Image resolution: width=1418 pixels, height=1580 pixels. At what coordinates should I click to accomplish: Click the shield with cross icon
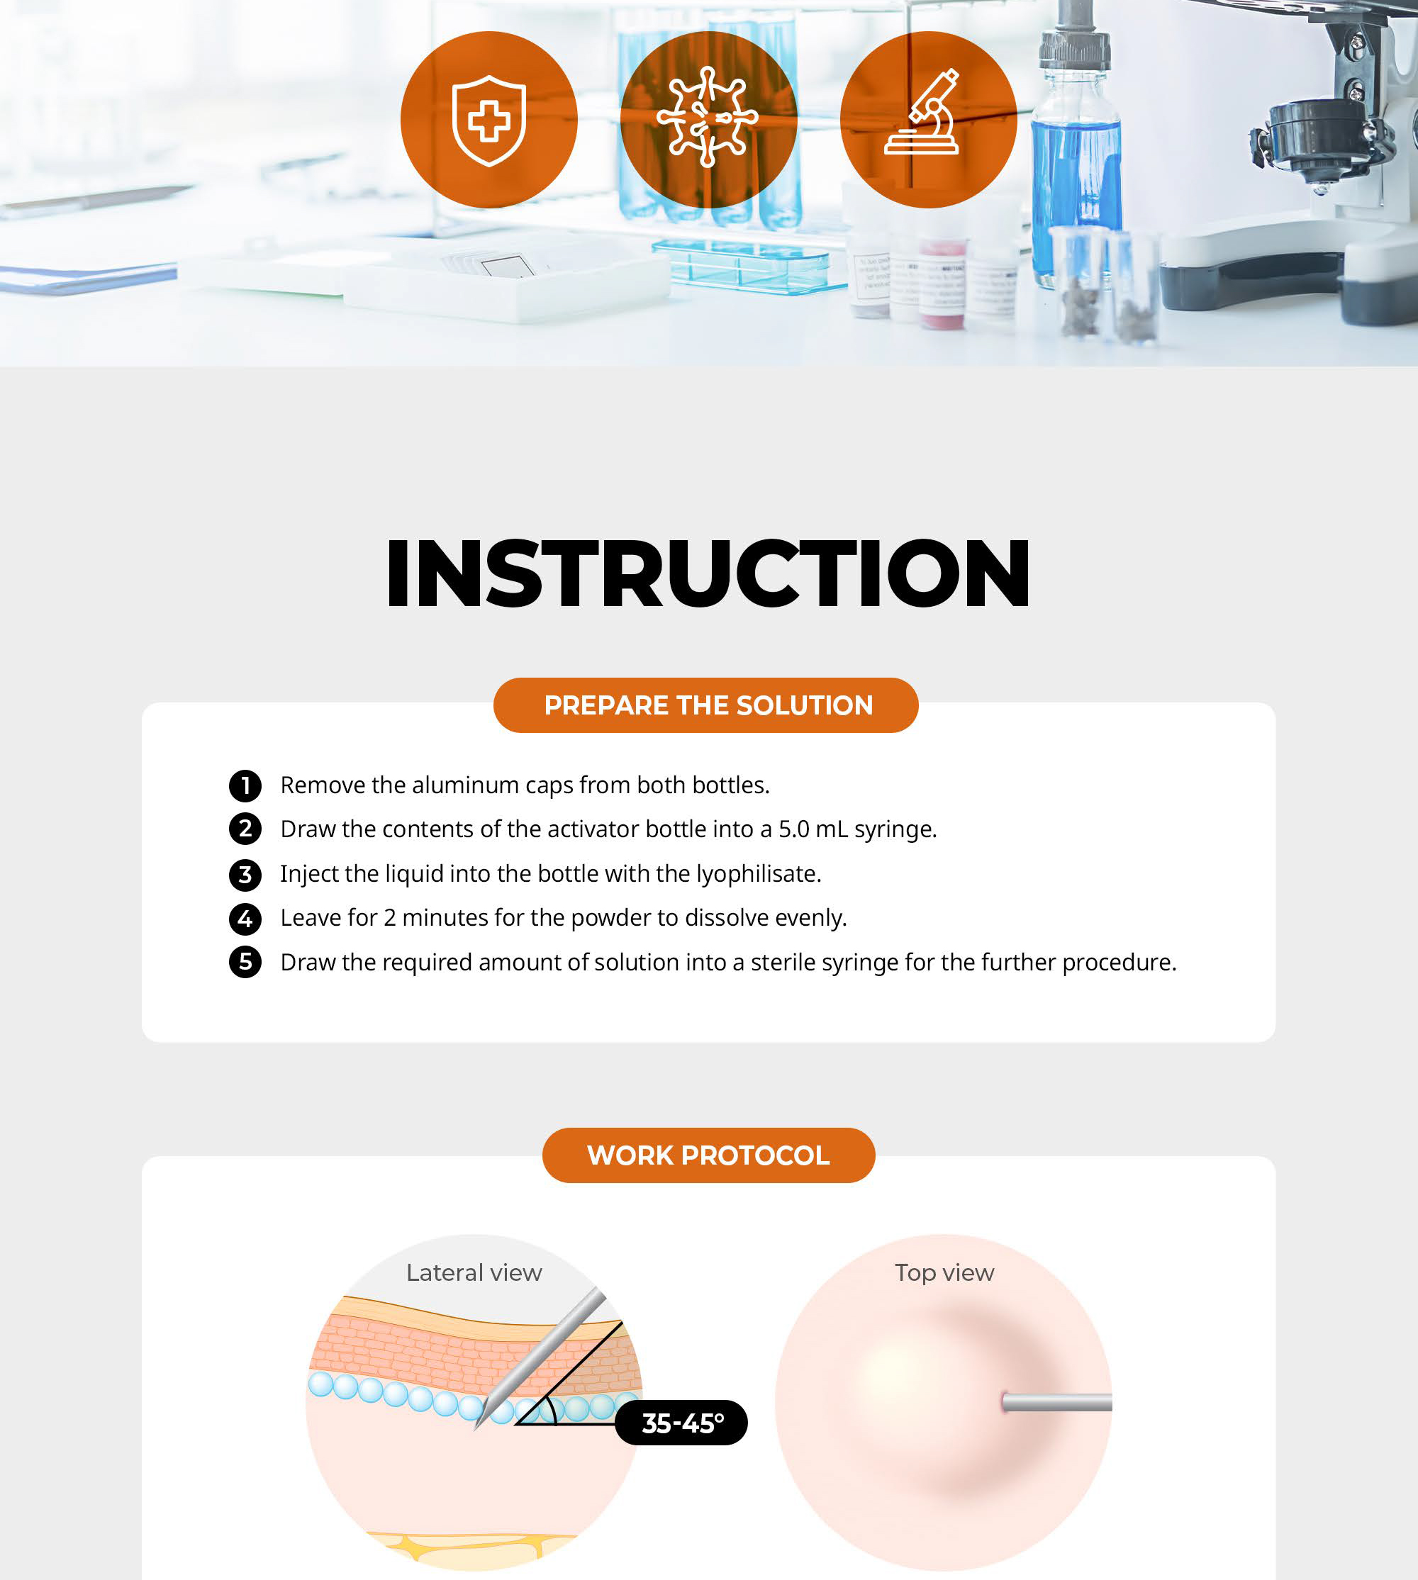pos(489,121)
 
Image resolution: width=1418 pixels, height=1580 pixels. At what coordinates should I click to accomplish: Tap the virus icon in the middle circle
pos(708,118)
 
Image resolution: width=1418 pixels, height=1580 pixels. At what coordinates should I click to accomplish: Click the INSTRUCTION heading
pos(708,573)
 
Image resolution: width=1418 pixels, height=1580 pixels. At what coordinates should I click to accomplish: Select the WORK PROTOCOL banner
pos(708,1155)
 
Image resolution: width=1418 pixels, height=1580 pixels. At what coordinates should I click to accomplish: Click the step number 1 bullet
pos(245,785)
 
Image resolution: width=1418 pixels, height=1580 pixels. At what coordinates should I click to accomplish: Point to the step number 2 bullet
pos(245,829)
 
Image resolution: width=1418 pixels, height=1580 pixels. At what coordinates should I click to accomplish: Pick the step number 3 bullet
pos(245,874)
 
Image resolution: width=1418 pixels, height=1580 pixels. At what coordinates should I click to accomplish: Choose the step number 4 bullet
pos(245,919)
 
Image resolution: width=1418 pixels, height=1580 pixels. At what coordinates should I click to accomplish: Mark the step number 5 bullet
pos(245,962)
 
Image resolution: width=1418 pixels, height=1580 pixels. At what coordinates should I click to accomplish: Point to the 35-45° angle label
pos(682,1423)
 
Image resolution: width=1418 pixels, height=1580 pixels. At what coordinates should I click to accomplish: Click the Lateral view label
pos(474,1273)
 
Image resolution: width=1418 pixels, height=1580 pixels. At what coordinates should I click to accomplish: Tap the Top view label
pos(944,1273)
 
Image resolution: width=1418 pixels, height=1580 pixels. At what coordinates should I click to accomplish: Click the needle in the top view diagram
pos(1057,1402)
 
